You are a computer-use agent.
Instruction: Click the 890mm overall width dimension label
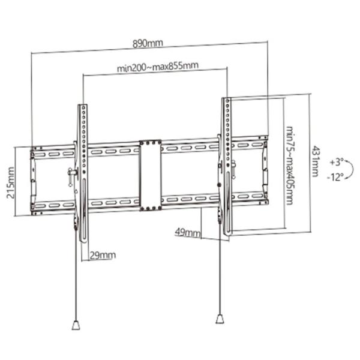pyautogui.click(x=148, y=43)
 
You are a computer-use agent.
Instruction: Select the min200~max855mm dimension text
pyautogui.click(x=158, y=67)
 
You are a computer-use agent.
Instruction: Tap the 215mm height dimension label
pyautogui.click(x=11, y=183)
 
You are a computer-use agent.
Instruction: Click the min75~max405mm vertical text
pyautogui.click(x=290, y=166)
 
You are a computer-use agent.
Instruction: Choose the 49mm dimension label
pyautogui.click(x=187, y=233)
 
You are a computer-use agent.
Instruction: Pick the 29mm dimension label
pyautogui.click(x=103, y=255)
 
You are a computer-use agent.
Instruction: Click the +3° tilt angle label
pyautogui.click(x=337, y=162)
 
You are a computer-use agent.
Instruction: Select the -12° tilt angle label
pyautogui.click(x=335, y=177)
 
